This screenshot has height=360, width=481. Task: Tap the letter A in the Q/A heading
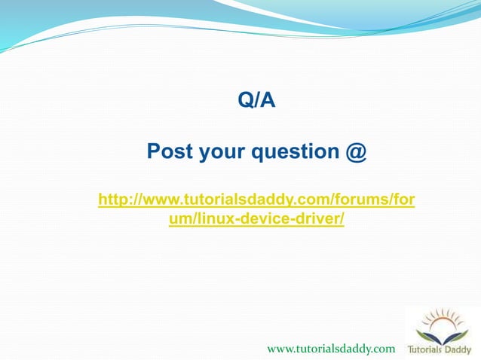coord(268,100)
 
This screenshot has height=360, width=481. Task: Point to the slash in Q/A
coord(257,100)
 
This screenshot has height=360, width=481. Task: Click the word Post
coord(170,152)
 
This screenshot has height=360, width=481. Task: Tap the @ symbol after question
coord(357,153)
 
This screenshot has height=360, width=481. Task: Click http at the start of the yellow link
coord(113,200)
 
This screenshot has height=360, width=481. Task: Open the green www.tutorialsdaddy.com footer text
coord(331,349)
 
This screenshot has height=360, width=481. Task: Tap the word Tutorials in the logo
coord(427,349)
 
